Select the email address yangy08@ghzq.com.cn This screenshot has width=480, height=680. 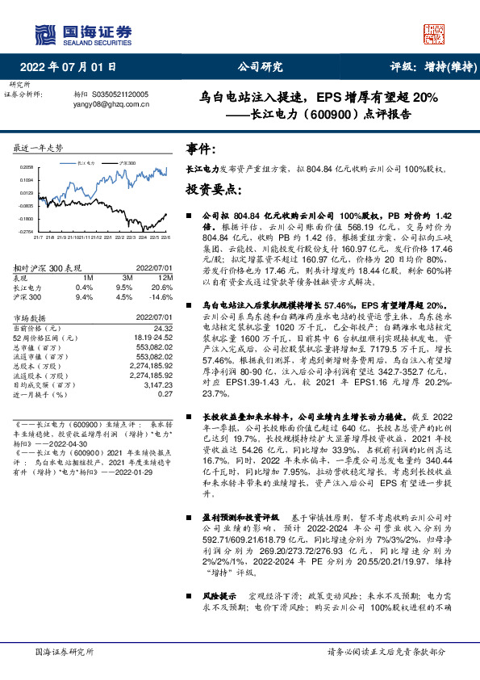[x=106, y=104]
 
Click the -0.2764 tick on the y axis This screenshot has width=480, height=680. [x=23, y=232]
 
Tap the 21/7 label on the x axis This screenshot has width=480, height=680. [x=38, y=237]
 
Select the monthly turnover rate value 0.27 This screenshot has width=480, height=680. [x=165, y=394]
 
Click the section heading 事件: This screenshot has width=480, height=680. [x=202, y=149]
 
